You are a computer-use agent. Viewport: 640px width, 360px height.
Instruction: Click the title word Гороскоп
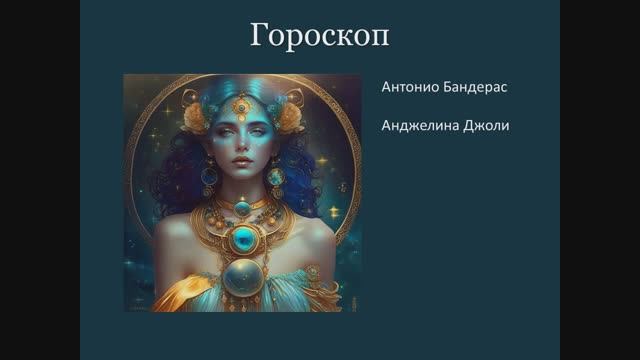pyautogui.click(x=319, y=37)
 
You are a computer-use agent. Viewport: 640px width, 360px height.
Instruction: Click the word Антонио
pyautogui.click(x=408, y=87)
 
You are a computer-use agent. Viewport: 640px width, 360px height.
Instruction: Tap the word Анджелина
pyautogui.click(x=418, y=127)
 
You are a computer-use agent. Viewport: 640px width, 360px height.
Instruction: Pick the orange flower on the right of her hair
pyautogui.click(x=290, y=118)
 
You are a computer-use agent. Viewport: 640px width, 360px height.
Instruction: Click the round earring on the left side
pyautogui.click(x=209, y=176)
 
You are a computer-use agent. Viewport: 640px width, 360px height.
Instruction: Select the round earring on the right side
pyautogui.click(x=275, y=178)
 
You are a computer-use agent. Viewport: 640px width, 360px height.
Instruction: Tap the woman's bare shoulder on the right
pyautogui.click(x=310, y=232)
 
